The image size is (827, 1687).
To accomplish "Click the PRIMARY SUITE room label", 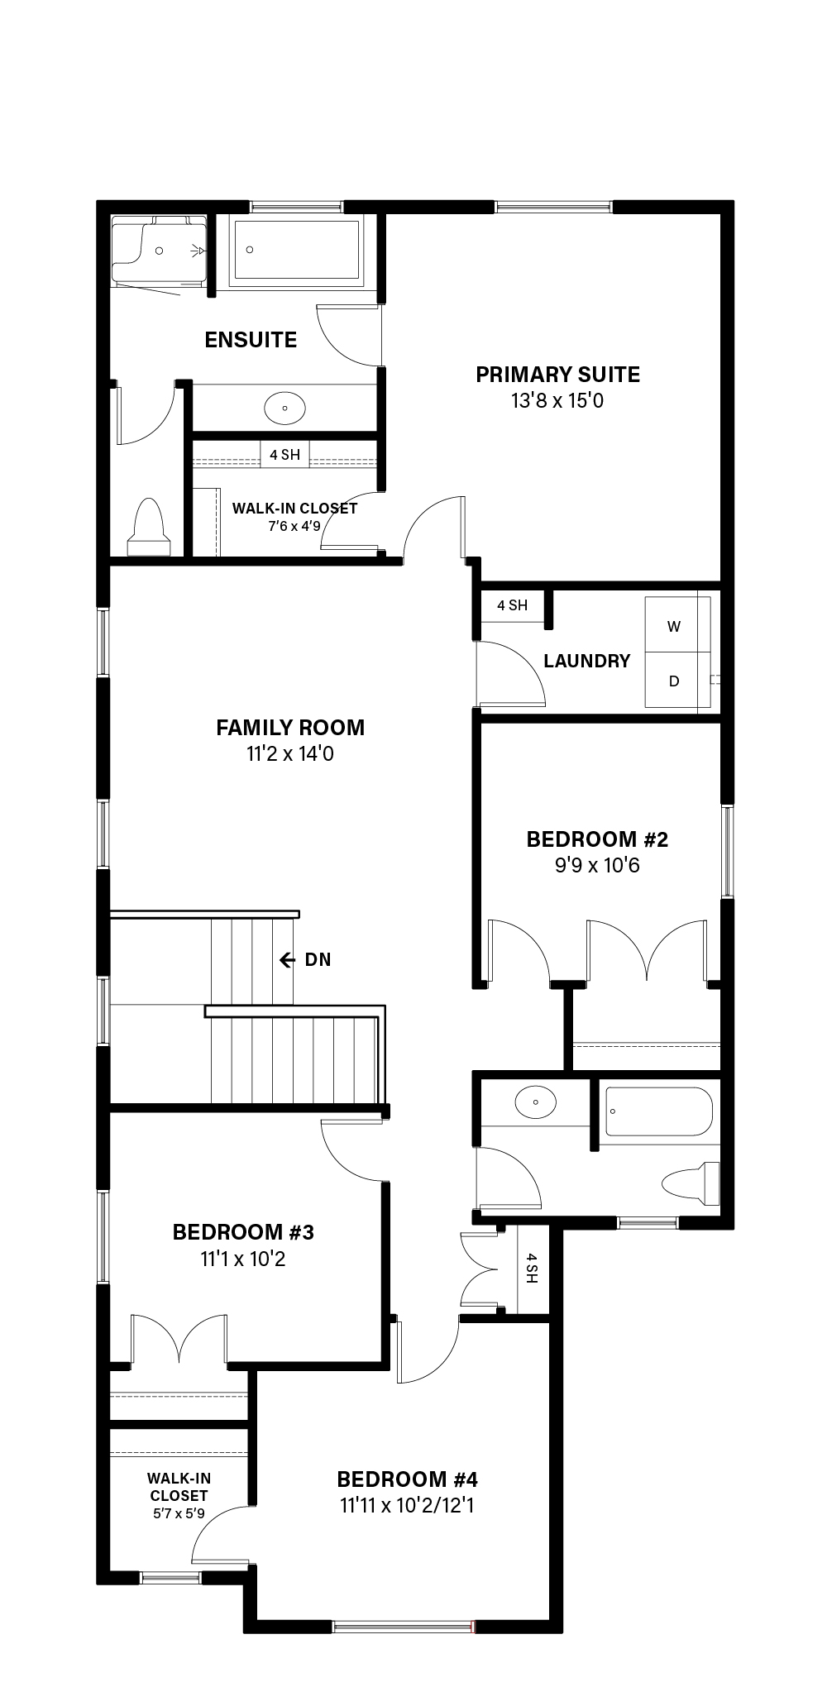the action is tap(557, 375).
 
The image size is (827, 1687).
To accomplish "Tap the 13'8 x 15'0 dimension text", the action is tap(557, 401).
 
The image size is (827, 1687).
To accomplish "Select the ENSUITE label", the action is tap(251, 340).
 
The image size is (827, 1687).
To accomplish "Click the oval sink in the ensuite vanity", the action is tap(284, 407).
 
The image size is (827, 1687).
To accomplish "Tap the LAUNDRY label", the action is tap(587, 661).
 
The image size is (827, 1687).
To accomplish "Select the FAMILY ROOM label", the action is tap(290, 728).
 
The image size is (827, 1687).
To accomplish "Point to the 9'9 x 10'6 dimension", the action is tap(597, 866).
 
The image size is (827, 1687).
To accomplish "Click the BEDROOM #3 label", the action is tap(243, 1232).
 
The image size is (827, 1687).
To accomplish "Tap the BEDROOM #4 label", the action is tap(407, 1479).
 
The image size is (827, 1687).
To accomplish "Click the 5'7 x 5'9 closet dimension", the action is tap(179, 1513).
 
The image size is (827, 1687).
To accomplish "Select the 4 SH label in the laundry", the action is tap(512, 605).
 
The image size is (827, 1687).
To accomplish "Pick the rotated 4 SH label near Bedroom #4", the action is tap(531, 1268).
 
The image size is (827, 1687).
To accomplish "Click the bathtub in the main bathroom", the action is tap(659, 1111).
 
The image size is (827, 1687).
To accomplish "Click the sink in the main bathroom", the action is tap(535, 1102).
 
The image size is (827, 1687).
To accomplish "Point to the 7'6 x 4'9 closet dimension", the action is tap(294, 526).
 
